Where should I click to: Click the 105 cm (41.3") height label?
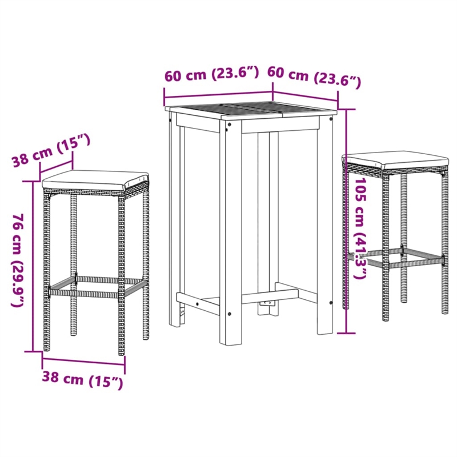(360, 228)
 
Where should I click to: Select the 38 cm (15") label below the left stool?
(82, 379)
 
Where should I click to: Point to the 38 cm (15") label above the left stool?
(51, 150)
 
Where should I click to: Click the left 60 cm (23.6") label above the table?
(212, 74)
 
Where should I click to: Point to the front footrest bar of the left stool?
(86, 293)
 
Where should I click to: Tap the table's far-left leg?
(174, 223)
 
